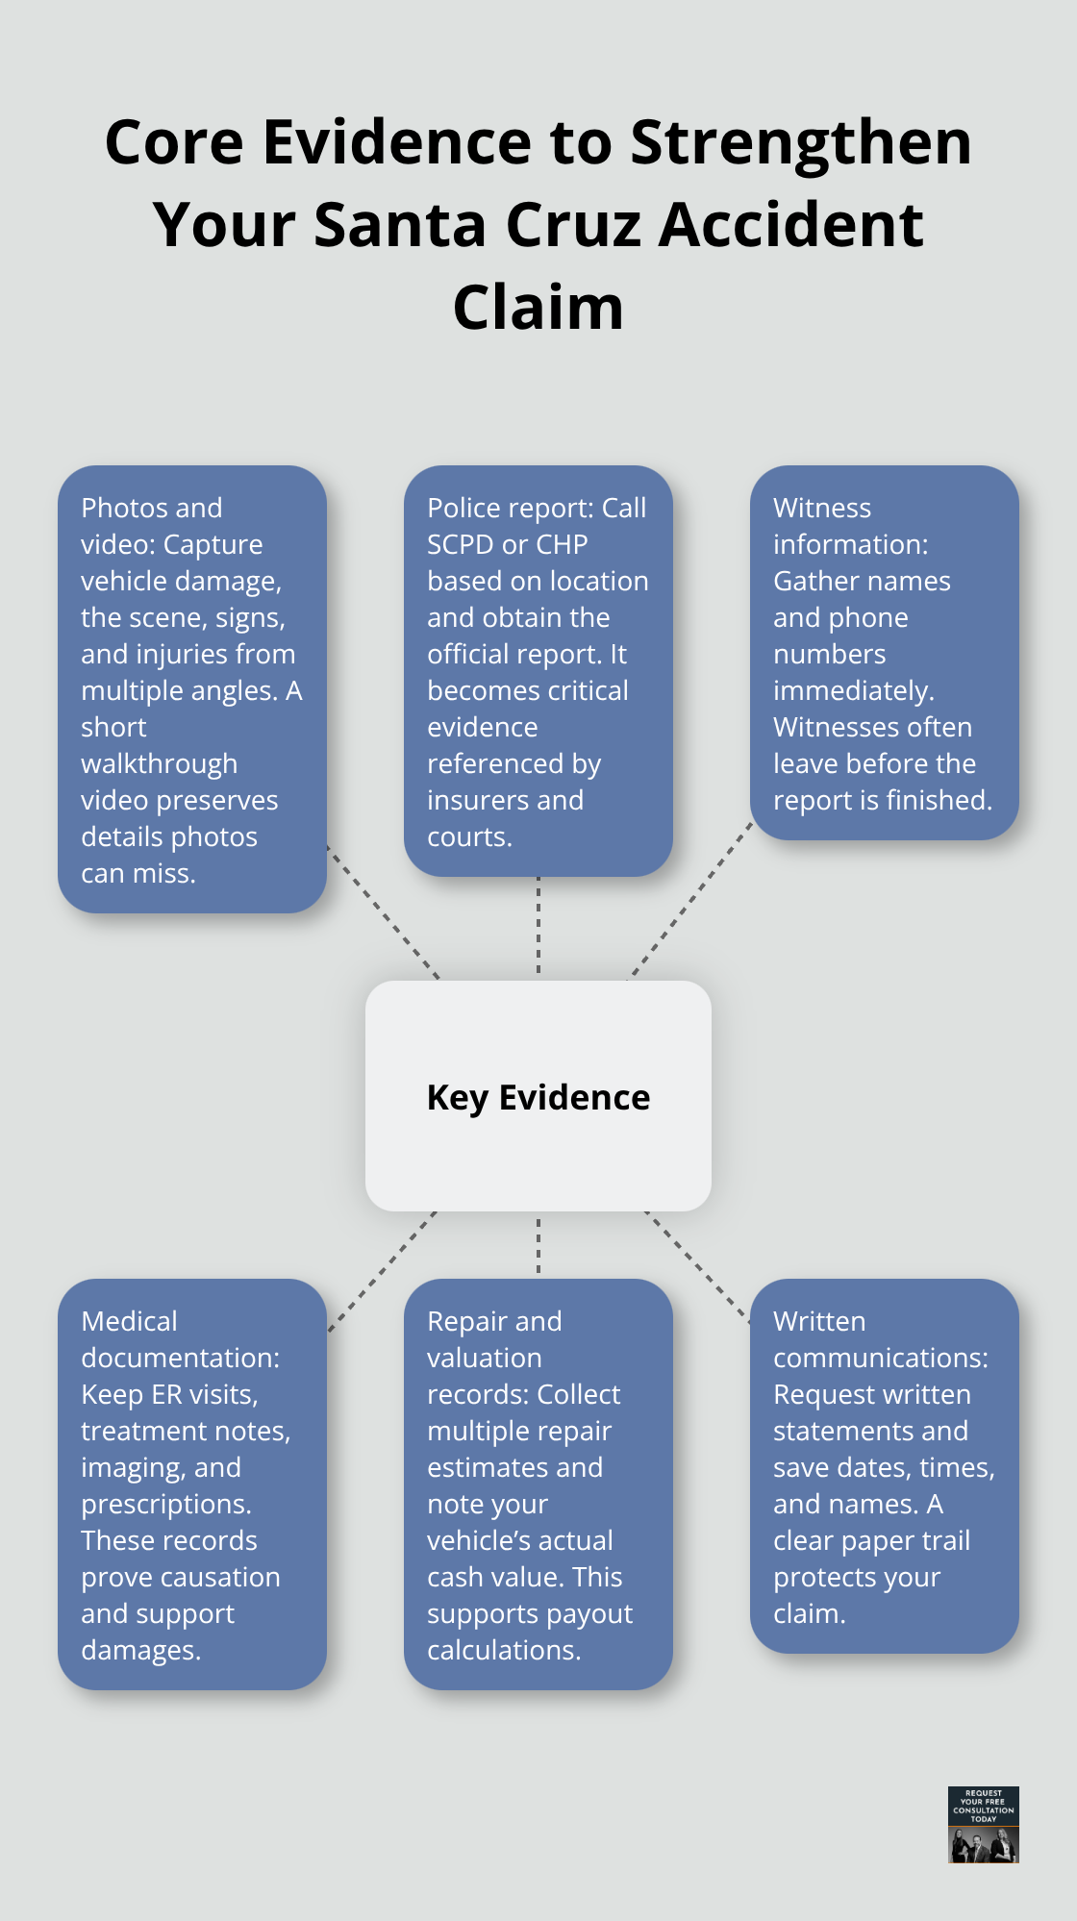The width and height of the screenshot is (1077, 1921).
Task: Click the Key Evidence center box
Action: (x=538, y=1096)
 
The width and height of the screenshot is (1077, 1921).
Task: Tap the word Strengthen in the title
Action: (x=800, y=142)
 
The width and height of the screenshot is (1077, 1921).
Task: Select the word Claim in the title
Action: (x=538, y=308)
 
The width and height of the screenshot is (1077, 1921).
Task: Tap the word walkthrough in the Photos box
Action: (x=159, y=763)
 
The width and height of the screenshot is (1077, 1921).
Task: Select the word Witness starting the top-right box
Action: (x=822, y=508)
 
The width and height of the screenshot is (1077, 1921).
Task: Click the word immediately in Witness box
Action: (x=853, y=690)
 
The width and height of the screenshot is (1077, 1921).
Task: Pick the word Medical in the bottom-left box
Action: (x=129, y=1321)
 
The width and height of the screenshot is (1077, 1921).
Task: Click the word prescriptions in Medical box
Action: (x=165, y=1504)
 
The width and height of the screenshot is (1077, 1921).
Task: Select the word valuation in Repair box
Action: (x=484, y=1358)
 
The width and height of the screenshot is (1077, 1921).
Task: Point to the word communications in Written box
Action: (x=880, y=1358)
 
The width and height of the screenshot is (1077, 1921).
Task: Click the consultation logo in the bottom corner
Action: (x=983, y=1825)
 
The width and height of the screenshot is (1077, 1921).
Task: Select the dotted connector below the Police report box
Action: (x=538, y=926)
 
